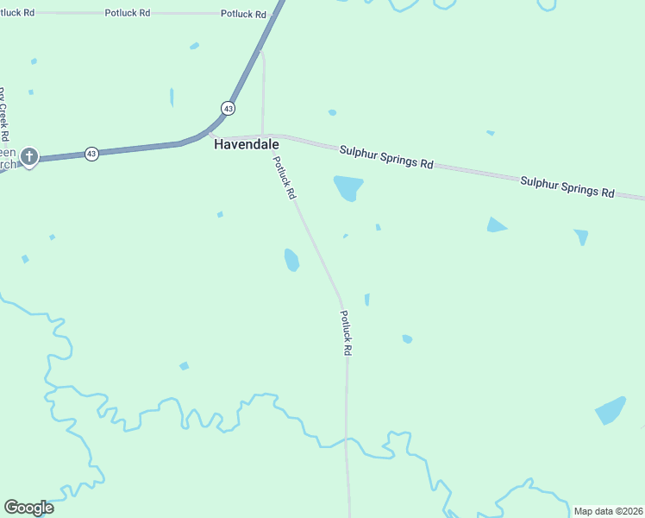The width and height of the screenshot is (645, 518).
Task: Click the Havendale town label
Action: (x=246, y=145)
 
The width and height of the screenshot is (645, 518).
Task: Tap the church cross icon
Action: (x=29, y=157)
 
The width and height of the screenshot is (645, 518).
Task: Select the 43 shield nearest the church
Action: (x=91, y=154)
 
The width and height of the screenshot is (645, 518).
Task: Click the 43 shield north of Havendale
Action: (x=228, y=108)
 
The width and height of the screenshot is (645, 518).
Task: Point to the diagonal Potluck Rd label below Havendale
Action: (x=284, y=178)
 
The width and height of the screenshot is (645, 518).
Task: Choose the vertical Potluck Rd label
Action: (x=345, y=333)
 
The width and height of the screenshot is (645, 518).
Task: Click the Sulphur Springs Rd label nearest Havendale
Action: (x=385, y=156)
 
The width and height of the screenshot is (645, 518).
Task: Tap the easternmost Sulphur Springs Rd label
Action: (x=567, y=186)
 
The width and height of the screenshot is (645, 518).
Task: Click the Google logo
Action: (x=28, y=508)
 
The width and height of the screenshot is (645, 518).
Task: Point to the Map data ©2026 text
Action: (x=607, y=511)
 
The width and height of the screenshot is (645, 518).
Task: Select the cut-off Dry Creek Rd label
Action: (x=3, y=114)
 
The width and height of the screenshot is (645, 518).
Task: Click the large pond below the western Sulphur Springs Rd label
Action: (x=348, y=187)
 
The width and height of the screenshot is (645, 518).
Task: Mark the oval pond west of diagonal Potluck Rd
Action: (x=291, y=259)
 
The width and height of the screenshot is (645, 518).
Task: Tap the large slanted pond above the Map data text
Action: (x=611, y=411)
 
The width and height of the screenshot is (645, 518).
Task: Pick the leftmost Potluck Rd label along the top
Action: (x=18, y=13)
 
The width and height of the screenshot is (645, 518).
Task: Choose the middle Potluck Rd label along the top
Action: (x=127, y=13)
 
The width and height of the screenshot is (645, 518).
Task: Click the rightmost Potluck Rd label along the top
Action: (x=242, y=14)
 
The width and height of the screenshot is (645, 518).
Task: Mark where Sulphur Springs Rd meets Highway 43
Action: (x=210, y=134)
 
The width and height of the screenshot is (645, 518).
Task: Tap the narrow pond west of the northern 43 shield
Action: (x=172, y=97)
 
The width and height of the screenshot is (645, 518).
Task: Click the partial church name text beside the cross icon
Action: (x=8, y=156)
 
